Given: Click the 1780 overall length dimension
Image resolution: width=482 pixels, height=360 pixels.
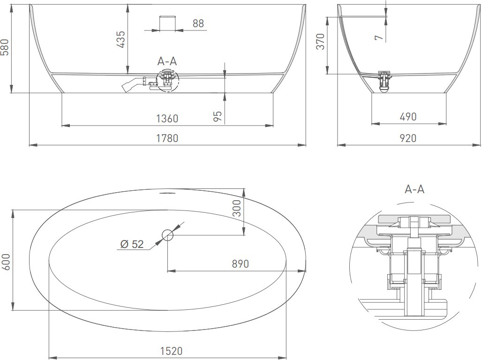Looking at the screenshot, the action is [167, 138].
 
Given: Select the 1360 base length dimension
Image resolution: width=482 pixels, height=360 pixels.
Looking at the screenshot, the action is [167, 119].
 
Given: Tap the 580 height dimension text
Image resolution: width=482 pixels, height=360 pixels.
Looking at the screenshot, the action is [5, 47].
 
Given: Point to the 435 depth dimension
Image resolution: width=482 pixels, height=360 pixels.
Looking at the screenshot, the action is [120, 39].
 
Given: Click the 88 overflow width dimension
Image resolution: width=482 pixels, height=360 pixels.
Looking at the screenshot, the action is [198, 23].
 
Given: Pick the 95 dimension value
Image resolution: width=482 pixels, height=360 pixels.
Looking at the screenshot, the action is [218, 116].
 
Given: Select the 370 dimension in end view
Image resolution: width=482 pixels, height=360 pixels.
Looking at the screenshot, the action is [320, 42].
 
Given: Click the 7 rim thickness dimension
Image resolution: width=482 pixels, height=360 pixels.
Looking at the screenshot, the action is [379, 37].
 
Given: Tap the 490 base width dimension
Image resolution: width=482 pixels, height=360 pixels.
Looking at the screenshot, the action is [408, 117].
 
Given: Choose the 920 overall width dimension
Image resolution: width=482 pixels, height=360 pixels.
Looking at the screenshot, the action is [408, 138].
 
